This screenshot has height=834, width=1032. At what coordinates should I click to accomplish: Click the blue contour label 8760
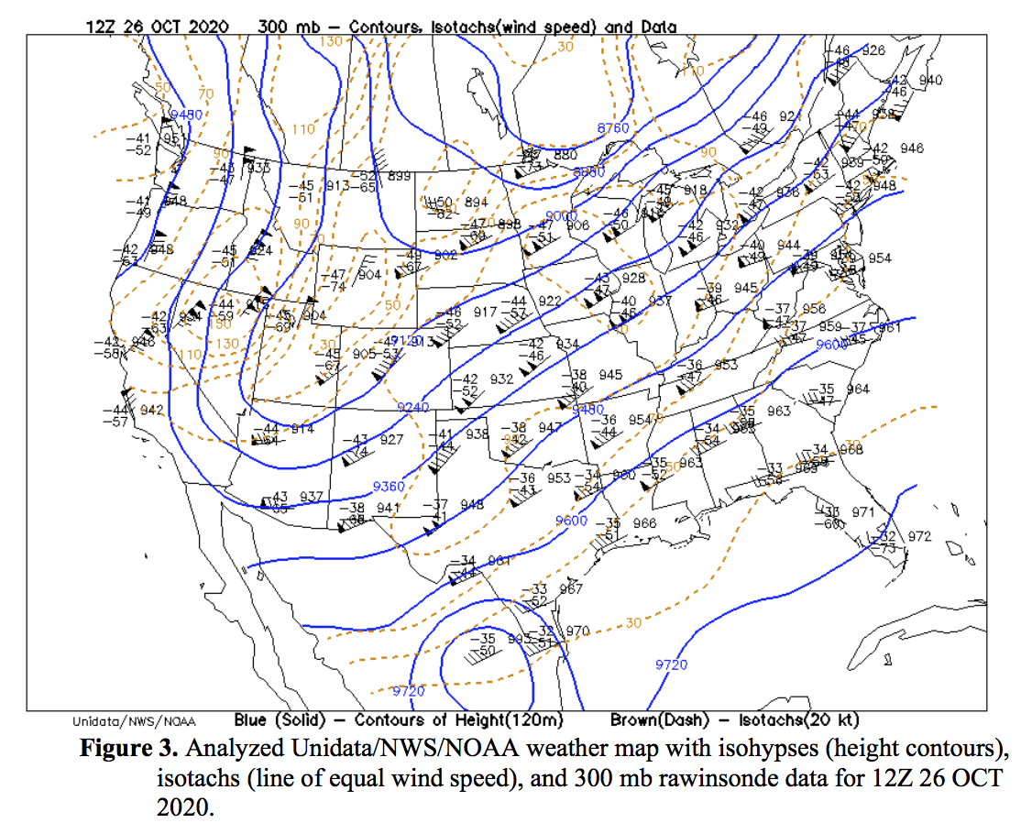click(x=613, y=128)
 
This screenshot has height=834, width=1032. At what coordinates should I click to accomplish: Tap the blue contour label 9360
click(x=389, y=486)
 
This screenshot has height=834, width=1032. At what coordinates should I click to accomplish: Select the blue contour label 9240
click(x=413, y=407)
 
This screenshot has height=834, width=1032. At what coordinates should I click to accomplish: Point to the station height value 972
click(x=918, y=535)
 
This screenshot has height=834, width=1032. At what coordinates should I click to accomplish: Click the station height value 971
click(x=863, y=511)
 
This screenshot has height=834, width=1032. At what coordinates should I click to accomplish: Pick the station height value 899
click(x=399, y=177)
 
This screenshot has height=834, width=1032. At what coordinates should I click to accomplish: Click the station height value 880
click(x=565, y=156)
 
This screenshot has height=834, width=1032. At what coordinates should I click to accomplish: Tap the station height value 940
click(x=930, y=81)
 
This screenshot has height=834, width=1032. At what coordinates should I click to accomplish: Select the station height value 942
click(x=151, y=410)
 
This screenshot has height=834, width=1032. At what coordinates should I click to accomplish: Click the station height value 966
click(x=645, y=523)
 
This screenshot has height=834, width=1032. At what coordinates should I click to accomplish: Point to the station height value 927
click(x=391, y=440)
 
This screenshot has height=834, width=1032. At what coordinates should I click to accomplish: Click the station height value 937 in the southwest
click(x=312, y=497)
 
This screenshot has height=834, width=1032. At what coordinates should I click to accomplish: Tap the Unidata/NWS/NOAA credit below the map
click(x=133, y=721)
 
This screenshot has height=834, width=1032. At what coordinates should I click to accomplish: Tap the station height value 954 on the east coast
click(x=879, y=258)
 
